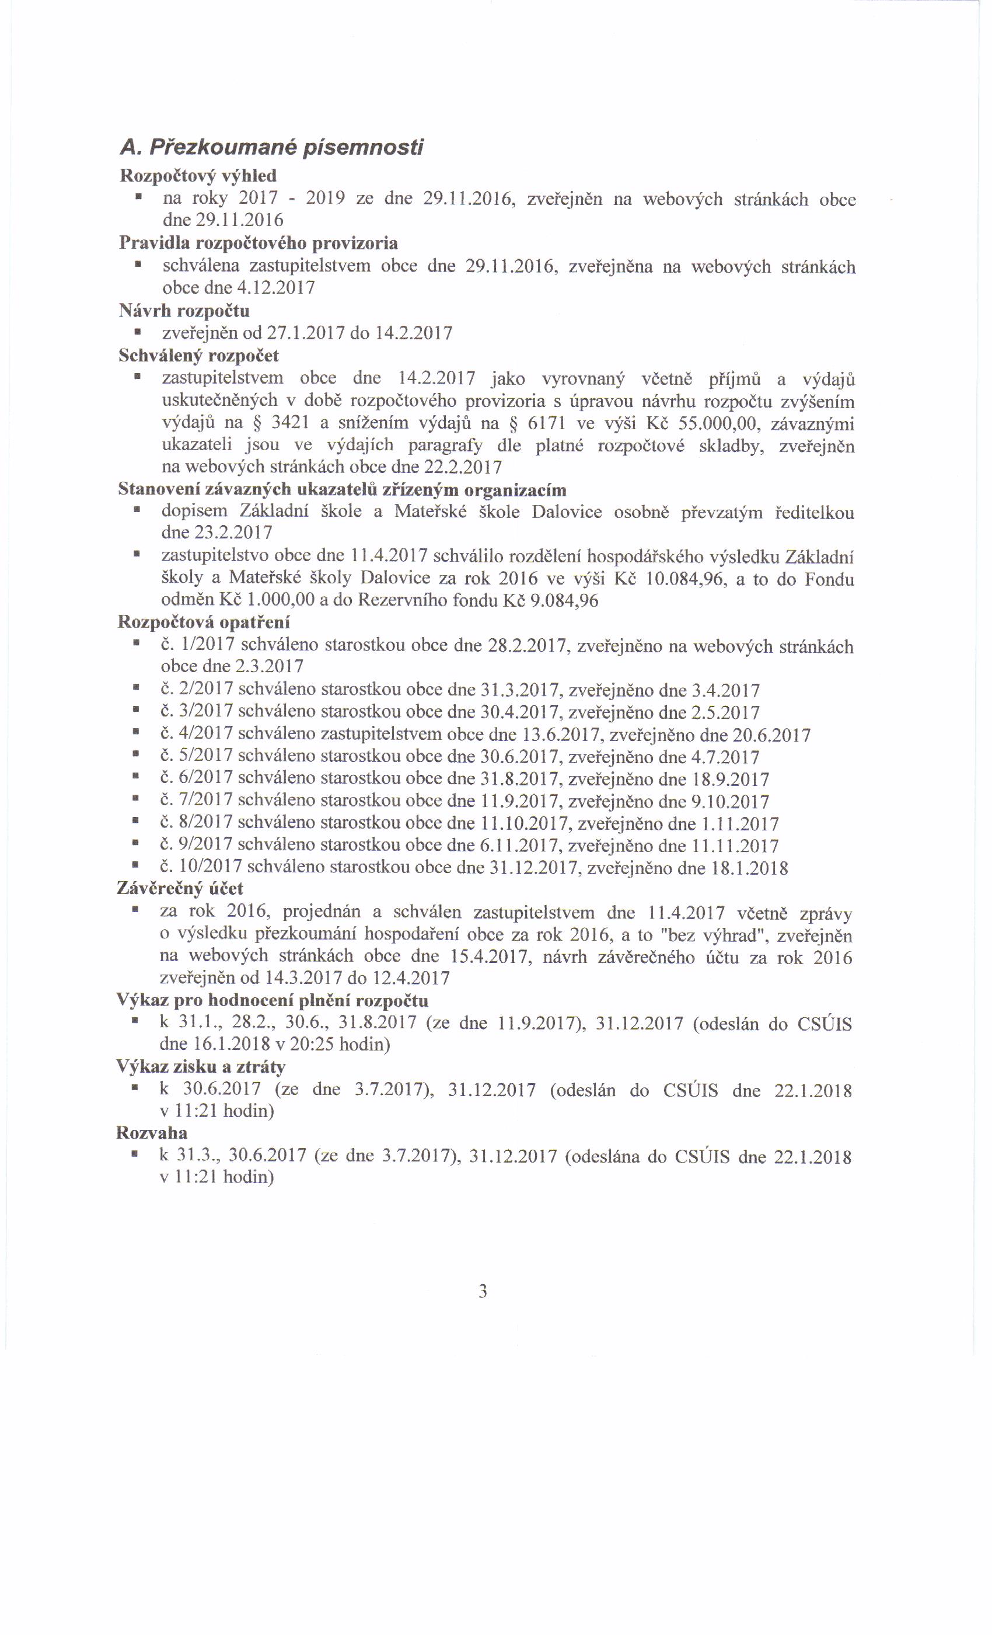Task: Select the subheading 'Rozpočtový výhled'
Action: [x=198, y=176]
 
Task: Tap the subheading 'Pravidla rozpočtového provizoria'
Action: [x=259, y=243]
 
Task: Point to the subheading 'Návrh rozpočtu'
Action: [x=184, y=311]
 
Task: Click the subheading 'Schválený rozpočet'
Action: [x=198, y=356]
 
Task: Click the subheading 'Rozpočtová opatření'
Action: [x=204, y=623]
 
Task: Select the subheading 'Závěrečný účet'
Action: [x=180, y=889]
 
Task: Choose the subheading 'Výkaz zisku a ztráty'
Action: [x=201, y=1067]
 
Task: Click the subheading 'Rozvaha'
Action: [x=152, y=1133]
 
